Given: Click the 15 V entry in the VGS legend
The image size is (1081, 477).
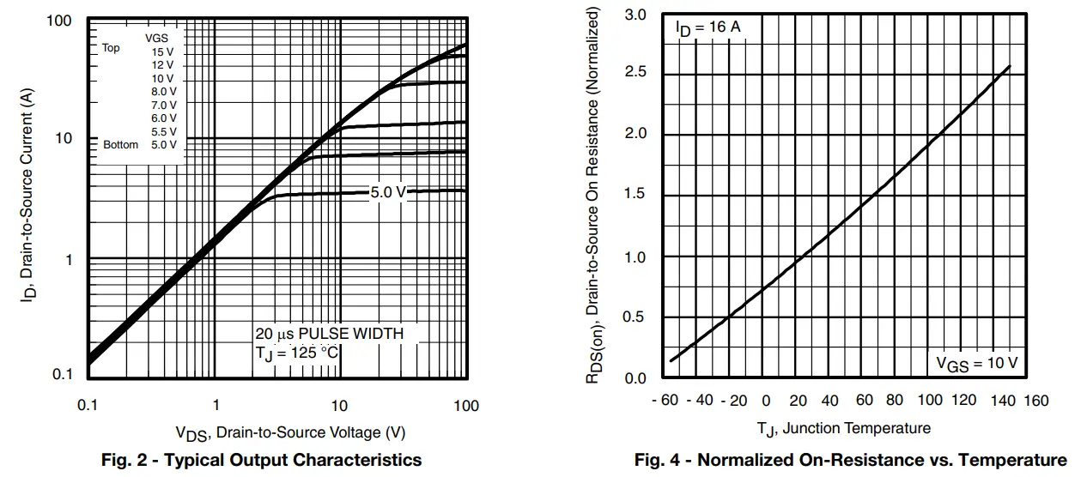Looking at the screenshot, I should point(163,51).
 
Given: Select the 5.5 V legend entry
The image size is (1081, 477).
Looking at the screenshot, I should point(163,131).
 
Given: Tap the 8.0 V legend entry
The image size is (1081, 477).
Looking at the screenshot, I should point(163,91).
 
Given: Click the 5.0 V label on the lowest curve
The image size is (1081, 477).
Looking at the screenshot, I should point(388,192).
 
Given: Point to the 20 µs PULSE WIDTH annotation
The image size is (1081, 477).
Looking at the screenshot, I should point(329,333).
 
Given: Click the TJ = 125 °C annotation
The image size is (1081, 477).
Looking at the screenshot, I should point(297,353).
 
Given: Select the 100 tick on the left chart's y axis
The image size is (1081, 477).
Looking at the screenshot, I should point(60,20).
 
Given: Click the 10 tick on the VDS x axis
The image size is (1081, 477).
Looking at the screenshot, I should point(339,406).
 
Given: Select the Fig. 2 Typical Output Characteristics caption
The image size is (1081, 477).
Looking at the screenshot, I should point(262,461).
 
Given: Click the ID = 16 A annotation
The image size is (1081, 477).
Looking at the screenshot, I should point(708,28).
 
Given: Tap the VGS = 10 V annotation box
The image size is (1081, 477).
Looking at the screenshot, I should point(976,363).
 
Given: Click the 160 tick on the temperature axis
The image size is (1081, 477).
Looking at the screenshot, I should point(1036,401).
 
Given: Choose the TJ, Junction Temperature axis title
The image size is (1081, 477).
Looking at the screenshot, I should point(843,427).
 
